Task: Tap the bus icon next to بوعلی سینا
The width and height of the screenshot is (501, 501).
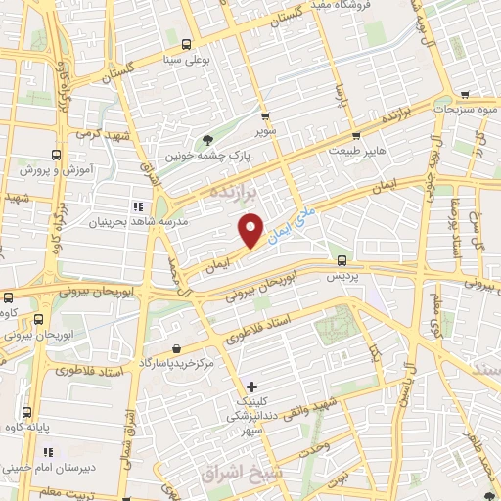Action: pos(186,44)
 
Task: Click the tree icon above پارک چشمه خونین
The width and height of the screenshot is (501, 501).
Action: pos(206,138)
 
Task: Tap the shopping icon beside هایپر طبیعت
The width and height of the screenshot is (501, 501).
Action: pos(356,136)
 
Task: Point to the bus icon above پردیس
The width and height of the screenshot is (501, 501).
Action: pos(342,260)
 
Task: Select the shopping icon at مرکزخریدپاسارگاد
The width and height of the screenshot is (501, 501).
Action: pos(175,348)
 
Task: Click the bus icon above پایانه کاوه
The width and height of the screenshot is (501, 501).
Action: pos(24,413)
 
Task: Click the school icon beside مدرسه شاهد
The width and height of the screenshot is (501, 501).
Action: pos(137,206)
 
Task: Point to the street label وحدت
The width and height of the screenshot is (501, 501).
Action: pos(332,448)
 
